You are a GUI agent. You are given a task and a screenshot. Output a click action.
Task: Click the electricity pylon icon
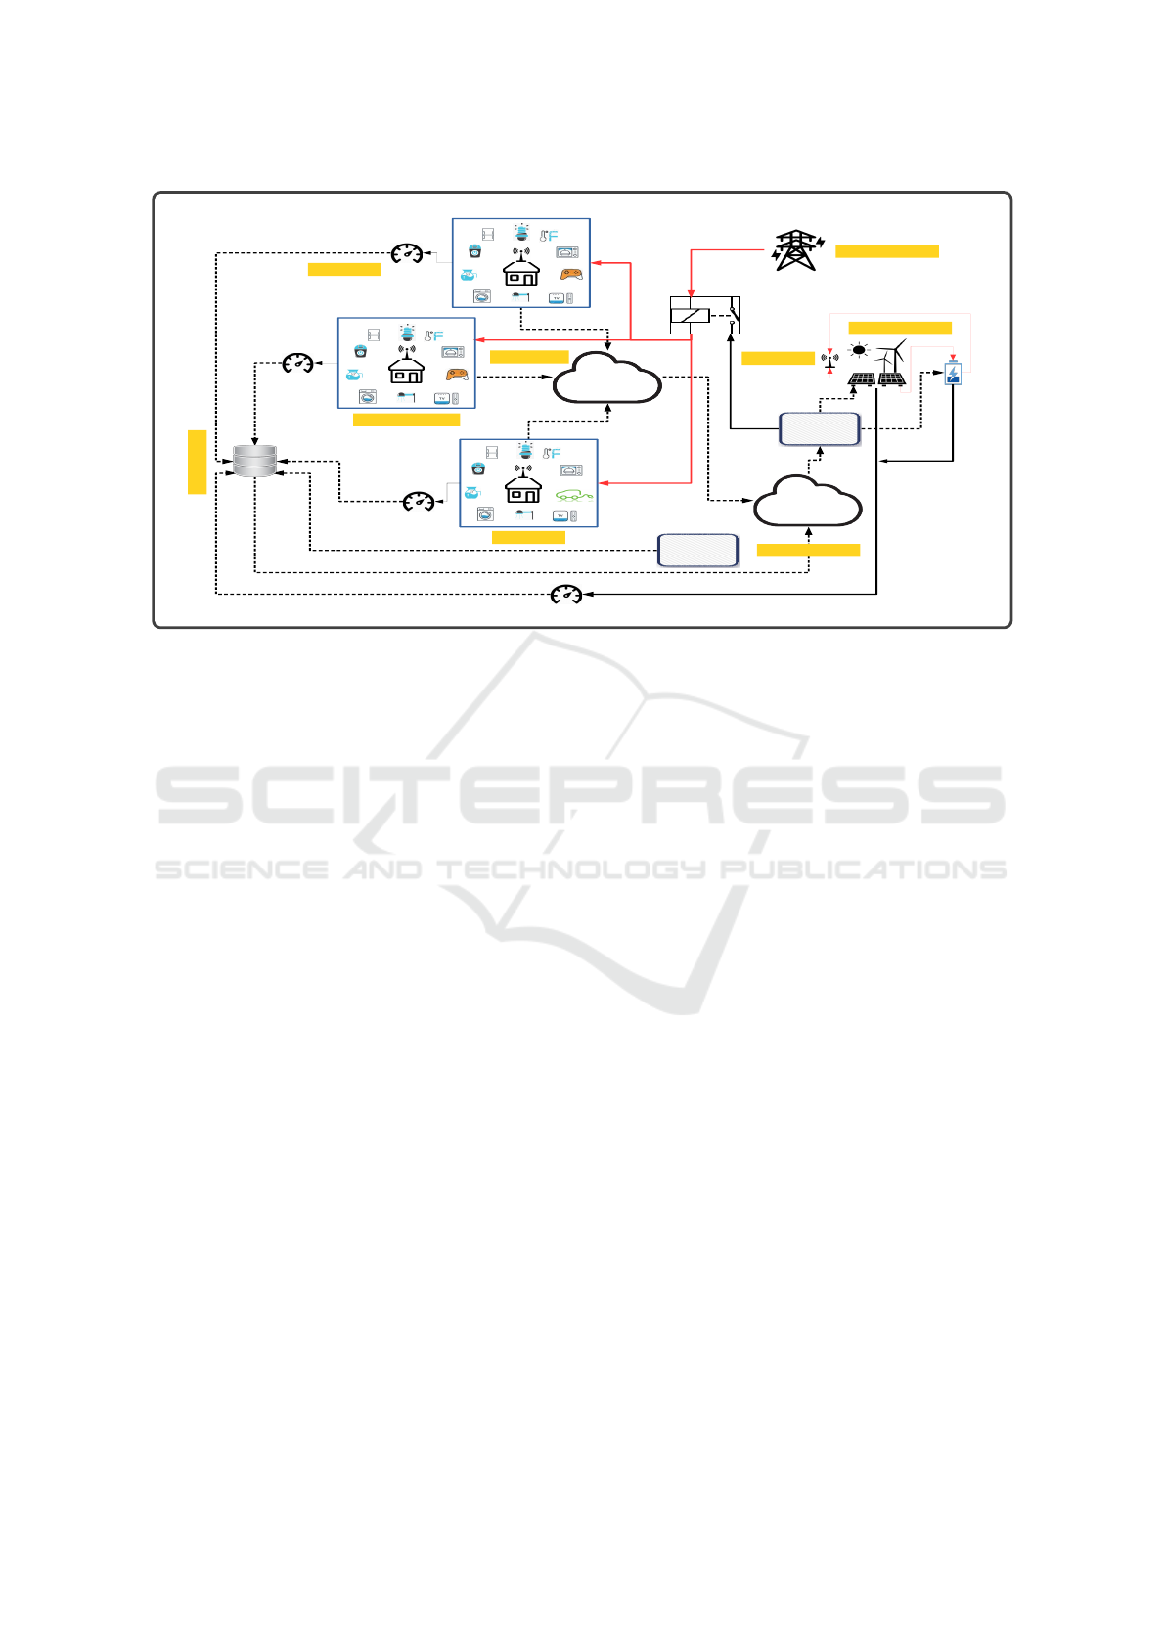797,250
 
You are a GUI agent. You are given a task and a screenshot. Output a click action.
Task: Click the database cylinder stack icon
255,461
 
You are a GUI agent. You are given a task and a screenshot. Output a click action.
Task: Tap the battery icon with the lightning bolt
953,374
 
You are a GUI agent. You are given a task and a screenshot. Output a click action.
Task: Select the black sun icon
859,349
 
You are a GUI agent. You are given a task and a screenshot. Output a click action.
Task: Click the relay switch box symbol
704,315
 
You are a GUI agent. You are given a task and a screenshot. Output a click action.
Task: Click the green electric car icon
573,495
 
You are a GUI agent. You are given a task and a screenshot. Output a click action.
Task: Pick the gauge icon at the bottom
566,594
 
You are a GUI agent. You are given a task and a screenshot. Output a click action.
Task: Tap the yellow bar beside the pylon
886,251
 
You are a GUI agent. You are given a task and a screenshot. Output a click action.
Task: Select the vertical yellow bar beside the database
197,462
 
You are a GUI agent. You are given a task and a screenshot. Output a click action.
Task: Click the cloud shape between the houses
606,378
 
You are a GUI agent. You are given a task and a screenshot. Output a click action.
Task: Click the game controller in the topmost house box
571,274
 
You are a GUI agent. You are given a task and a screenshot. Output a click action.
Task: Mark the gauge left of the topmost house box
407,254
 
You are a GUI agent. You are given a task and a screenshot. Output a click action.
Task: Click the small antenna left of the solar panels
829,360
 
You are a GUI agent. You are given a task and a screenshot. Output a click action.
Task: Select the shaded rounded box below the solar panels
820,428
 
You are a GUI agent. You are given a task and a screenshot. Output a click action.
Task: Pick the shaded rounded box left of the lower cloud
697,551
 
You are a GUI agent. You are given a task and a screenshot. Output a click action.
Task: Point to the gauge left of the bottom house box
419,502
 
